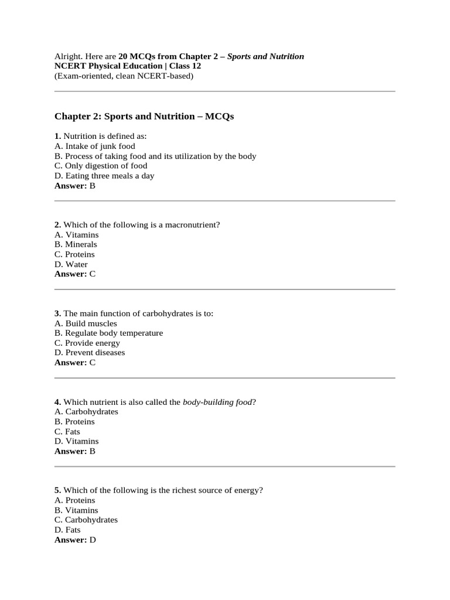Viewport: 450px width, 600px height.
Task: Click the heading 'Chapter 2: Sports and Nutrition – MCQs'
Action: coord(144,116)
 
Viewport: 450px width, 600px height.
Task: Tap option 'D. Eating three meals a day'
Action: coord(104,176)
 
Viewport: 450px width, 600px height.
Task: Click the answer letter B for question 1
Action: coord(93,186)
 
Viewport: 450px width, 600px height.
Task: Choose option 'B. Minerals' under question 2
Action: coord(76,244)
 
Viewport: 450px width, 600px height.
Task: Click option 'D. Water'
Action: coord(71,264)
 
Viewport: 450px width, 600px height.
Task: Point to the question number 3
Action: coord(57,313)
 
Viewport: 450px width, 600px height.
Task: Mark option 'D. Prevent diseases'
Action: coord(90,353)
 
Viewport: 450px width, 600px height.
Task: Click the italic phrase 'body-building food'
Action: coord(217,402)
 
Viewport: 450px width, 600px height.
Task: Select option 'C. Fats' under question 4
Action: coord(67,431)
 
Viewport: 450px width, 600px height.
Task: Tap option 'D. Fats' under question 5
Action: coord(67,530)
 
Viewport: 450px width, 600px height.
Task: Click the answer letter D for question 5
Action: coord(93,540)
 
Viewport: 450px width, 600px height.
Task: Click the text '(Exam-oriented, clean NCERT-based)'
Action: coord(124,76)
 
